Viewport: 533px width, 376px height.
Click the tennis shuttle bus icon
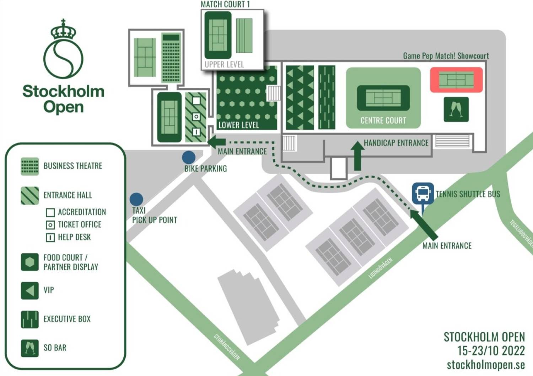pos(423,193)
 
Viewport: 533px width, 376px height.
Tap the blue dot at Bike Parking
pos(189,157)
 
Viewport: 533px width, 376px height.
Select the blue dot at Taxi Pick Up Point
pos(136,199)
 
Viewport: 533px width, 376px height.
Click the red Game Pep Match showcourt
pos(456,80)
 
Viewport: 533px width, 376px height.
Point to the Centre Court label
pos(383,120)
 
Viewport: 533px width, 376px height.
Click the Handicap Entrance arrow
pos(357,156)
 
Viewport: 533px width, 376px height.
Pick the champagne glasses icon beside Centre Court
pos(456,109)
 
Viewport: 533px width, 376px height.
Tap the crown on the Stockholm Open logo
pos(63,31)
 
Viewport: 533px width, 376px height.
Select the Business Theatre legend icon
pos(30,166)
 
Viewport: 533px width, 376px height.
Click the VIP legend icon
pos(30,290)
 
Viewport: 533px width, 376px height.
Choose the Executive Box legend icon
pos(30,319)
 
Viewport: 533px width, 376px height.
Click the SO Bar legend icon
pos(30,348)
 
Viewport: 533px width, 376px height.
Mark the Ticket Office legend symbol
pos(50,225)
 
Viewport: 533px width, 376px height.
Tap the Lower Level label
pos(238,125)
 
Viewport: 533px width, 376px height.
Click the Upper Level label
pos(224,64)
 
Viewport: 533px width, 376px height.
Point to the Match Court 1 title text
pos(225,4)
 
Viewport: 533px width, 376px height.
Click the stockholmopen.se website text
pos(485,365)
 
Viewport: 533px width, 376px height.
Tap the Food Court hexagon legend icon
pos(30,262)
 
